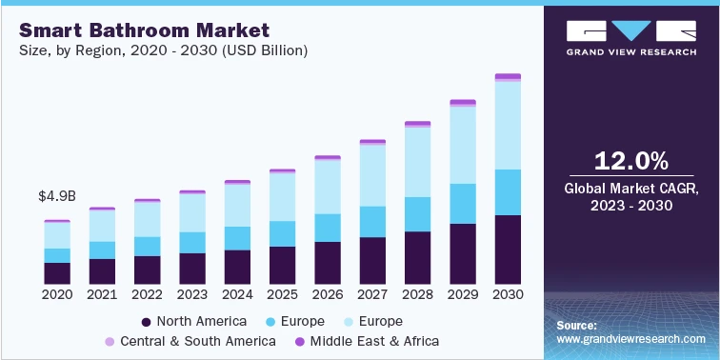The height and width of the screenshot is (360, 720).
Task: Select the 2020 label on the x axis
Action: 57,295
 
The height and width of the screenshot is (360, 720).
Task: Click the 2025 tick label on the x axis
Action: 283,295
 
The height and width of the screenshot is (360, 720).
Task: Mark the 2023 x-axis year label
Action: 192,295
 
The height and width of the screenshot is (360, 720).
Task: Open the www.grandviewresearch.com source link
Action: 631,339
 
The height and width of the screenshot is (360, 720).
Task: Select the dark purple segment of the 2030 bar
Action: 509,250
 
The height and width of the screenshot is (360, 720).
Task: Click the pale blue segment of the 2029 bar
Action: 463,145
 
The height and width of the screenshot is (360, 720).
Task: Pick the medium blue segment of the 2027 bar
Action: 372,221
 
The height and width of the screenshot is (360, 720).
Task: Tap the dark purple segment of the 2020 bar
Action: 57,273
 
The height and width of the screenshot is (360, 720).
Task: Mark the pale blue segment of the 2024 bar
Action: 237,205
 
